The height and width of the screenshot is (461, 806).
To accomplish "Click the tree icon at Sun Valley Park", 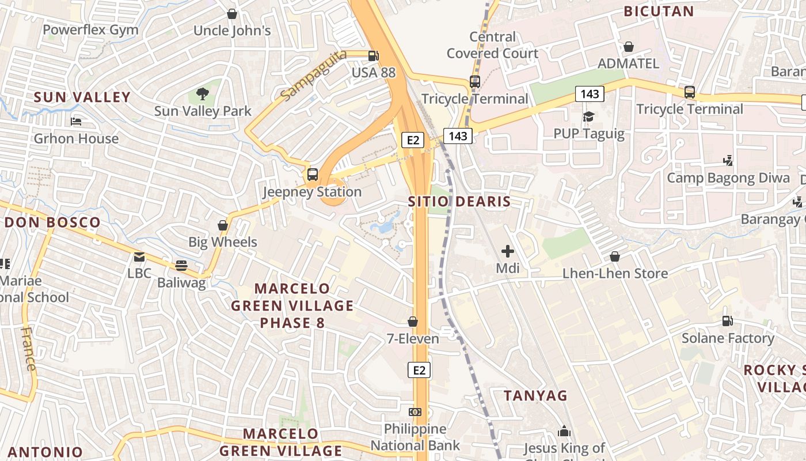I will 202,93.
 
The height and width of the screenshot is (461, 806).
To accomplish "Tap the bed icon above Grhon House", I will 76,121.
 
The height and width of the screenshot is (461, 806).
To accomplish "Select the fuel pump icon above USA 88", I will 374,56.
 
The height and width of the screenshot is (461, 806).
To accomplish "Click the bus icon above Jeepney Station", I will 313,174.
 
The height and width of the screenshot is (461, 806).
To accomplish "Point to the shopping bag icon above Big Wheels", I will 223,225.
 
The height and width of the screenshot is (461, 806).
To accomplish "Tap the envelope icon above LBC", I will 139,256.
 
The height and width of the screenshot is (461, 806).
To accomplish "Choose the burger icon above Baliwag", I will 181,266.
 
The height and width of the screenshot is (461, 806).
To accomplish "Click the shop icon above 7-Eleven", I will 413,322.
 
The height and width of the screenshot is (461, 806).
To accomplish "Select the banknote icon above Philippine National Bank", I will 415,411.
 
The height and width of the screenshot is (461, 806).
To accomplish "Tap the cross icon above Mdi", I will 508,251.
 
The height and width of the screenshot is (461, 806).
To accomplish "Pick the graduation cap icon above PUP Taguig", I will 588,117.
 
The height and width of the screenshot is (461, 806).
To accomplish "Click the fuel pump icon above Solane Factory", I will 728,321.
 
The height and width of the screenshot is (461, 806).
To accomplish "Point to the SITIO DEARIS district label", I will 459,202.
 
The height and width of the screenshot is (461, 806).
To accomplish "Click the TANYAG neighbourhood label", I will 535,396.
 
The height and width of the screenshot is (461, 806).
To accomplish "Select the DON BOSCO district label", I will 53,222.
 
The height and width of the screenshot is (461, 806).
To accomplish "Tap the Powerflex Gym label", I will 90,30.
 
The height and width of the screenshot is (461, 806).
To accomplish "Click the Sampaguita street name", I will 314,75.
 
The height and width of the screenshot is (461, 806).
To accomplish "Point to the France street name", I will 28,349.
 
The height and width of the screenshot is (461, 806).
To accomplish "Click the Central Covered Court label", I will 493,45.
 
